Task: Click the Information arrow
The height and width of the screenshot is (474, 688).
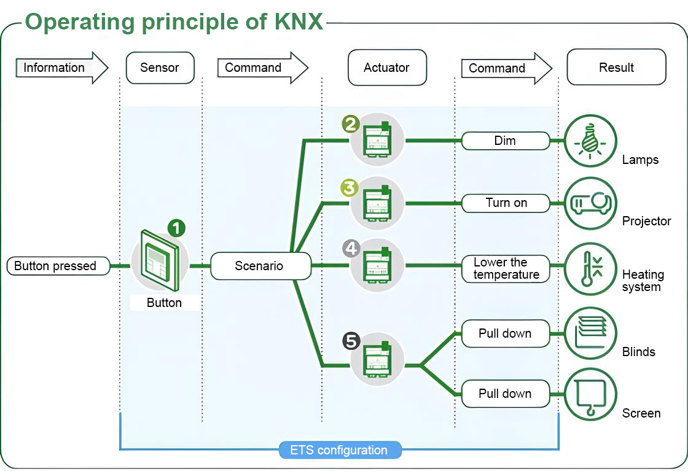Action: coord(61,68)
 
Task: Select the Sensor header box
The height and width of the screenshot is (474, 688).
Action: coord(160,68)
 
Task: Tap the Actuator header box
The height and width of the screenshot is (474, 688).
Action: coord(387,68)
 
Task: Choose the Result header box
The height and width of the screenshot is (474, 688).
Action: coord(617,67)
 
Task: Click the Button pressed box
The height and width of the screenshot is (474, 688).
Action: coord(58,266)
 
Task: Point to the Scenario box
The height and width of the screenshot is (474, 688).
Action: coord(260,266)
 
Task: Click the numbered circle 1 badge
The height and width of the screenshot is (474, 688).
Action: coord(176,228)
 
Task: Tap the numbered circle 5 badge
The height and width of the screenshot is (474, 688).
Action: coord(351,341)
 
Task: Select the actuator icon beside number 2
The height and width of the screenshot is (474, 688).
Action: coord(377,139)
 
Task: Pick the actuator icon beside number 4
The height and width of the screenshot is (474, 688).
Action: coord(377,265)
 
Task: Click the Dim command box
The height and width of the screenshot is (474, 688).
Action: coord(506,141)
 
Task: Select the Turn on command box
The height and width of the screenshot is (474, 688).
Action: coord(506,203)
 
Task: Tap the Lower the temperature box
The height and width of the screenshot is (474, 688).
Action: coord(506,269)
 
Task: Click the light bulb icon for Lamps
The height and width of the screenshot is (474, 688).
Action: coord(590,141)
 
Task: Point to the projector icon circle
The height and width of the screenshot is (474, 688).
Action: coord(590,203)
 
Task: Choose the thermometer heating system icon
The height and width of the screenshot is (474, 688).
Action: coord(590,269)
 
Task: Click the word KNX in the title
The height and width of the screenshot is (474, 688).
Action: coord(299,21)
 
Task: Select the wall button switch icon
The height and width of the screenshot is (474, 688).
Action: coord(160,260)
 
